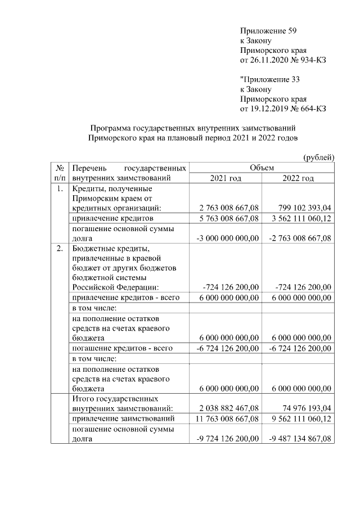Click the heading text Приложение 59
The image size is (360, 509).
coord(268,31)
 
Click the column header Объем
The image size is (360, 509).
coord(262,168)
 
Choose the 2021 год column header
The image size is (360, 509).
coord(225,178)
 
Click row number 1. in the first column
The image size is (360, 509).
coord(60,188)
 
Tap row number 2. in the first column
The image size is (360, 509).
coord(60,248)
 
